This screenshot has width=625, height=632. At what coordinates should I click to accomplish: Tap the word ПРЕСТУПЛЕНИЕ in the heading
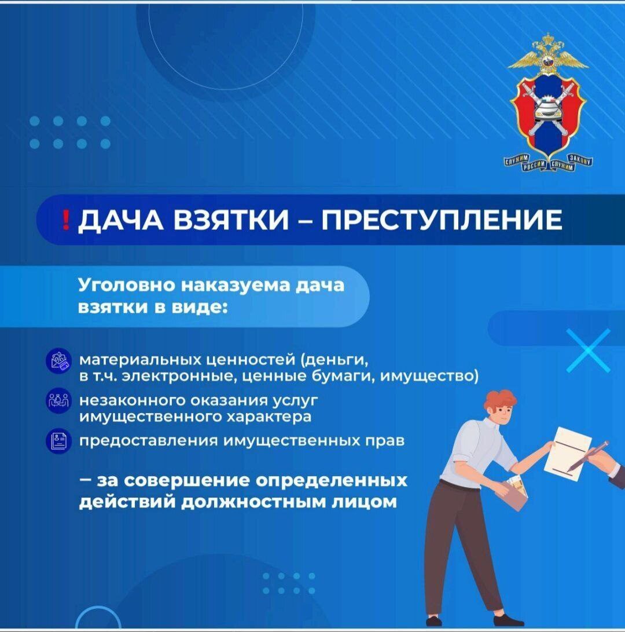point(442,220)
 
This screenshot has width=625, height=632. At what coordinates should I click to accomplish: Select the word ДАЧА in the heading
point(120,221)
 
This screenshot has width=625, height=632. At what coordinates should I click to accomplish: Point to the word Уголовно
point(127,286)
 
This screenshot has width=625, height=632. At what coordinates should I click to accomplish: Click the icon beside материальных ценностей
point(59,361)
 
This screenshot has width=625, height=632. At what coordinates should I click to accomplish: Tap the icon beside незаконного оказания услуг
point(59,401)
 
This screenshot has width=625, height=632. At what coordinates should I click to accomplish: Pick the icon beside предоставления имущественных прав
point(59,441)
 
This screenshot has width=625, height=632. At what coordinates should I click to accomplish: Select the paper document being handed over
point(568,454)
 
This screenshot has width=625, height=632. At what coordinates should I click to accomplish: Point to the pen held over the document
point(589,456)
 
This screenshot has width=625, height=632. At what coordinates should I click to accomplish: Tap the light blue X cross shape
point(589,350)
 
